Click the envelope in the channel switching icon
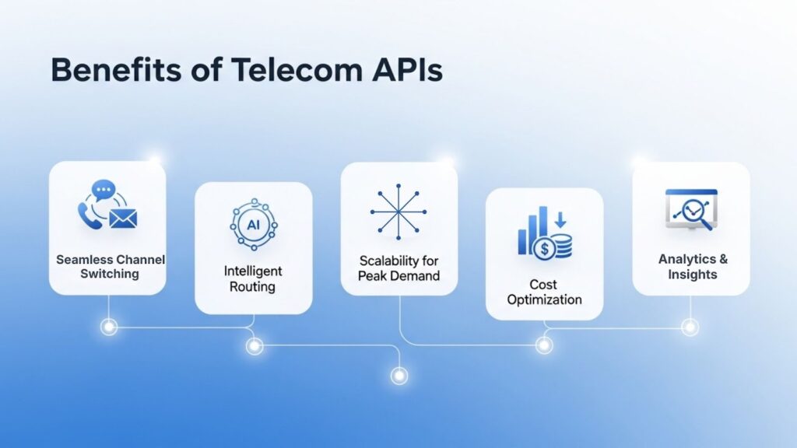coord(123,219)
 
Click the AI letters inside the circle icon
coord(254,225)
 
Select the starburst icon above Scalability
coord(398,212)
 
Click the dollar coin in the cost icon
coord(545,249)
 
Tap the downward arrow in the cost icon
coord(560,220)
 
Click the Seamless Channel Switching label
coord(111,267)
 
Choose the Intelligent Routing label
coord(253,279)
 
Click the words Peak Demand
coord(398,276)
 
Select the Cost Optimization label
coord(544,292)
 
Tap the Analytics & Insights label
coord(692,267)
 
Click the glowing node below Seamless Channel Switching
coord(109,327)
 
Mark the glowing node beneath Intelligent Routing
coord(255,346)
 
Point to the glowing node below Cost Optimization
coord(544,345)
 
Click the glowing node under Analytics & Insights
coord(690,327)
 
